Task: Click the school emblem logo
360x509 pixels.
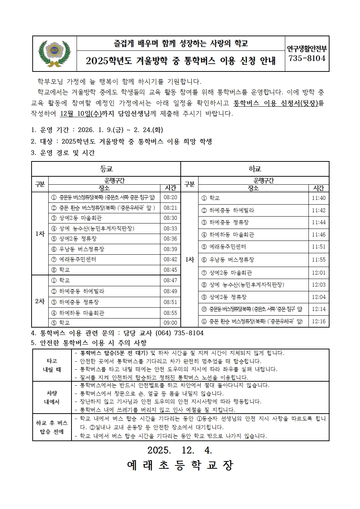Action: (54, 54)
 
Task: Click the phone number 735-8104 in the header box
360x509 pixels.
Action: (307, 58)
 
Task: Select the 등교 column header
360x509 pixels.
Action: (106, 169)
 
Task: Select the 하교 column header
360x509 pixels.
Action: (255, 169)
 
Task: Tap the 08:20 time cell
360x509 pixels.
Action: (170, 197)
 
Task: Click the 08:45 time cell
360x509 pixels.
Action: (170, 270)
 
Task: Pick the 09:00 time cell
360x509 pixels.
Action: (170, 323)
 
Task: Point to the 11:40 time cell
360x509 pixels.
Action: (319, 198)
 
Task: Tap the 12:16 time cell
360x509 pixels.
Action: (319, 321)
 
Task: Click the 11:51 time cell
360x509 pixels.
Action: (319, 247)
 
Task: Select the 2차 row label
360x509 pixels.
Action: (40, 301)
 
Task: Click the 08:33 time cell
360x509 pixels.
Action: (170, 229)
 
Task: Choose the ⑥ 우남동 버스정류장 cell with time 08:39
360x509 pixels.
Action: (105, 249)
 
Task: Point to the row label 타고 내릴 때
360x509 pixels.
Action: (52, 365)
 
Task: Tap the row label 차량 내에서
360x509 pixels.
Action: (52, 397)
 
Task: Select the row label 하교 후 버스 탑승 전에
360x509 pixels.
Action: (52, 427)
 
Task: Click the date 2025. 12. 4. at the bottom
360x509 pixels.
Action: (180, 450)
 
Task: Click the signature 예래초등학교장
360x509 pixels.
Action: (180, 465)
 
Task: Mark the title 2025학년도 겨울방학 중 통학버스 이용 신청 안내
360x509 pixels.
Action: (180, 61)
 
